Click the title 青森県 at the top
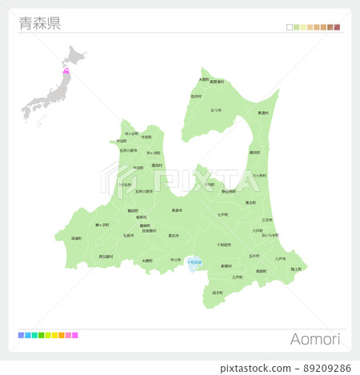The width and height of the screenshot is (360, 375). tap(38, 22)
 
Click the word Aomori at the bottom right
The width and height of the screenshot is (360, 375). tap(316, 339)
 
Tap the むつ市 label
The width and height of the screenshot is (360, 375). tap(216, 110)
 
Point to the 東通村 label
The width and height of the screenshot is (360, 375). tap(263, 113)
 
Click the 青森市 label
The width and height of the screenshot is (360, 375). tap(176, 210)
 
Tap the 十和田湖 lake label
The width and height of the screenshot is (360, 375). tap(194, 262)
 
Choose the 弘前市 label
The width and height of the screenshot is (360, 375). tap(128, 236)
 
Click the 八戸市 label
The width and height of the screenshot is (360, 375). tap(280, 258)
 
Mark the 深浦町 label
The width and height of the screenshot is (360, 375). tap(77, 237)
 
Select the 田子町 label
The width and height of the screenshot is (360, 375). tap(218, 293)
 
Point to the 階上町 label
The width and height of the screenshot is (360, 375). tap(296, 269)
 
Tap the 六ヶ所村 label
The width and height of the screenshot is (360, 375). tap(260, 175)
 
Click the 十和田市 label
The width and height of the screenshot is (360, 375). tap(224, 245)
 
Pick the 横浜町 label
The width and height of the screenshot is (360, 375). tap(254, 152)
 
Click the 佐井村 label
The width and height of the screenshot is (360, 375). tap(196, 96)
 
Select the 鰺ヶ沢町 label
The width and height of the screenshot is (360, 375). tap(102, 225)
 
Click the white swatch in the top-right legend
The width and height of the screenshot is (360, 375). tap(290, 27)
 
